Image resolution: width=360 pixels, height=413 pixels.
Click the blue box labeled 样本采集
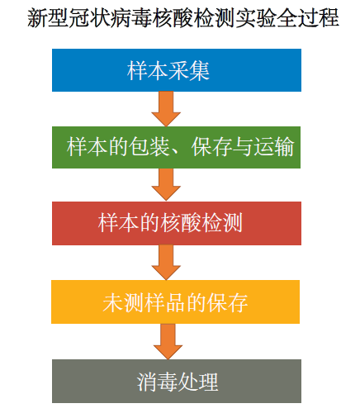click(177, 70)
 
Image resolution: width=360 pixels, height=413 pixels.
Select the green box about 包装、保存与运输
click(176, 147)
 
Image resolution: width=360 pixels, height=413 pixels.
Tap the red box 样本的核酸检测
click(177, 223)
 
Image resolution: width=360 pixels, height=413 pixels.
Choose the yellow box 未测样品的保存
click(175, 301)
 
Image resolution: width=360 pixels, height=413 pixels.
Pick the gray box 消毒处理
click(177, 381)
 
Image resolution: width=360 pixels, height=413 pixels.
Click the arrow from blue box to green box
click(166, 109)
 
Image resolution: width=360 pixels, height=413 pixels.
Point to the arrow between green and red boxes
click(166, 184)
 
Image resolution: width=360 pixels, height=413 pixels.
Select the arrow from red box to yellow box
click(166, 263)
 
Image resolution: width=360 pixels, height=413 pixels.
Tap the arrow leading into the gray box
click(168, 341)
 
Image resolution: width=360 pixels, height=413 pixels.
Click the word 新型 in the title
click(48, 18)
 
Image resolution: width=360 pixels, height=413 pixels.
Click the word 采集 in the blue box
click(189, 71)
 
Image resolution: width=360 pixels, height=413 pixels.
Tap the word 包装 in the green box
click(149, 147)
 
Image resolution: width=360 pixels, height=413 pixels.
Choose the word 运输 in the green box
click(274, 147)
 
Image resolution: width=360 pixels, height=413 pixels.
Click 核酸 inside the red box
click(181, 222)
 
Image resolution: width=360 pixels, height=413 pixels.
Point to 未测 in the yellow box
click(123, 302)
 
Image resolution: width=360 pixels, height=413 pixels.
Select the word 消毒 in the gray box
click(157, 382)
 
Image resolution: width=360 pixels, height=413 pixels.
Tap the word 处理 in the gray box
click(198, 382)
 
